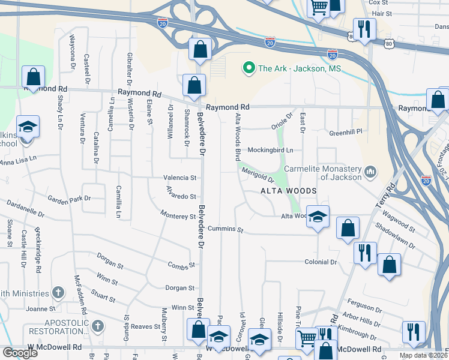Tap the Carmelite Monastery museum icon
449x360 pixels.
click(x=370, y=173)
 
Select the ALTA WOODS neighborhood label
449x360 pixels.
click(x=288, y=191)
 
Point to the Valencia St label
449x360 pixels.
click(x=181, y=178)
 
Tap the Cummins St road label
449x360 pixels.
click(x=226, y=230)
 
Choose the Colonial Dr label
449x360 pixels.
click(x=321, y=262)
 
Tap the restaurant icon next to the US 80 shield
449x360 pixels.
click(x=364, y=28)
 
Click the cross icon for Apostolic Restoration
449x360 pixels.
click(x=97, y=326)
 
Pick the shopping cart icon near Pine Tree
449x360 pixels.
click(x=307, y=339)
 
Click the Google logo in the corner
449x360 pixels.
click(x=20, y=353)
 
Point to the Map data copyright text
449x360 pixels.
click(x=423, y=355)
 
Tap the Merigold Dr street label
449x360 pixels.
click(x=258, y=175)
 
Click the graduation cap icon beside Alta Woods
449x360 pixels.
click(x=318, y=216)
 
